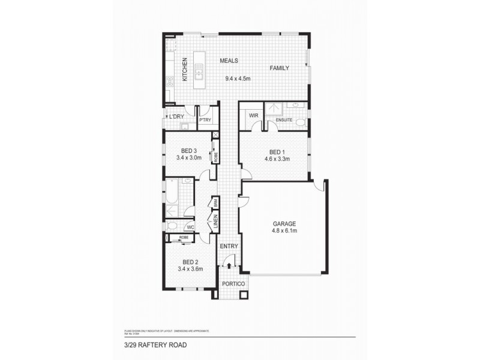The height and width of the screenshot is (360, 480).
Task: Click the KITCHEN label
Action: point(185,69)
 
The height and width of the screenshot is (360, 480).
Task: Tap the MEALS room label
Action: point(229,61)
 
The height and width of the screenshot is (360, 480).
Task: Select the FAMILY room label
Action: point(280,68)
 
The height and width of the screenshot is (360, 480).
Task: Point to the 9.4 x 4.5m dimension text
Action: point(238,79)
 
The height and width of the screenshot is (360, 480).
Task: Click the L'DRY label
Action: point(175,116)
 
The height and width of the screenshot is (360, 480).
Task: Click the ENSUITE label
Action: point(284,121)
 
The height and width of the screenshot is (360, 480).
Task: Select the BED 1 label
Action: point(277,151)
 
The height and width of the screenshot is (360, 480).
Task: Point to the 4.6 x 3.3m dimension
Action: point(277,159)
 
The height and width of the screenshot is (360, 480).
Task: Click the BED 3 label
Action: point(189,151)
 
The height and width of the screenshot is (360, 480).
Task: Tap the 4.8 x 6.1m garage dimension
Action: point(286,230)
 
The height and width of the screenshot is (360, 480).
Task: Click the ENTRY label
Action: point(229,247)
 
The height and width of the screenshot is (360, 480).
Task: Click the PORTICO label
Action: point(231,283)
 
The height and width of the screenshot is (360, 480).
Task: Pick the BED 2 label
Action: point(190,262)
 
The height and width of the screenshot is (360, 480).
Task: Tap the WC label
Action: point(189,227)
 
